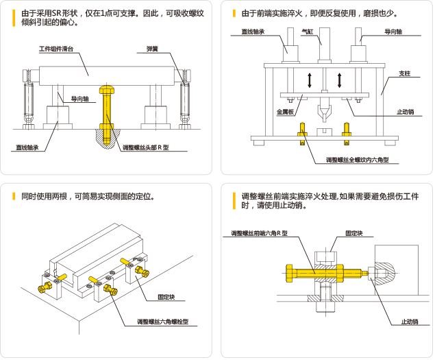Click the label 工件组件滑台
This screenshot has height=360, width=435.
click(61, 50)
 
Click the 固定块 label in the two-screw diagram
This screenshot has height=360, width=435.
click(166, 297)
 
